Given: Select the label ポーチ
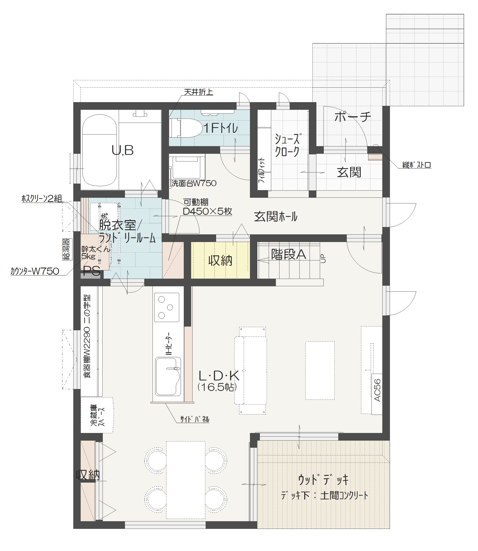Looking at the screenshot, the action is click(x=353, y=117).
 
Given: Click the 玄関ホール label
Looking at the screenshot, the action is click(x=275, y=217).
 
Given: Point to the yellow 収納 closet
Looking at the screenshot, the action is click(x=220, y=260).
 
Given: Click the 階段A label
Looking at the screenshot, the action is click(x=289, y=254).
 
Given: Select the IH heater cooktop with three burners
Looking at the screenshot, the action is click(x=167, y=307).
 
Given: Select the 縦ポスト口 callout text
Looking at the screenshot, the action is click(x=417, y=165).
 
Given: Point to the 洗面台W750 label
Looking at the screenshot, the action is click(x=194, y=183).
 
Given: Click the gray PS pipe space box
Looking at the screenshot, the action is click(x=90, y=275).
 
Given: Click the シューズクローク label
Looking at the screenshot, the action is click(x=287, y=145).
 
